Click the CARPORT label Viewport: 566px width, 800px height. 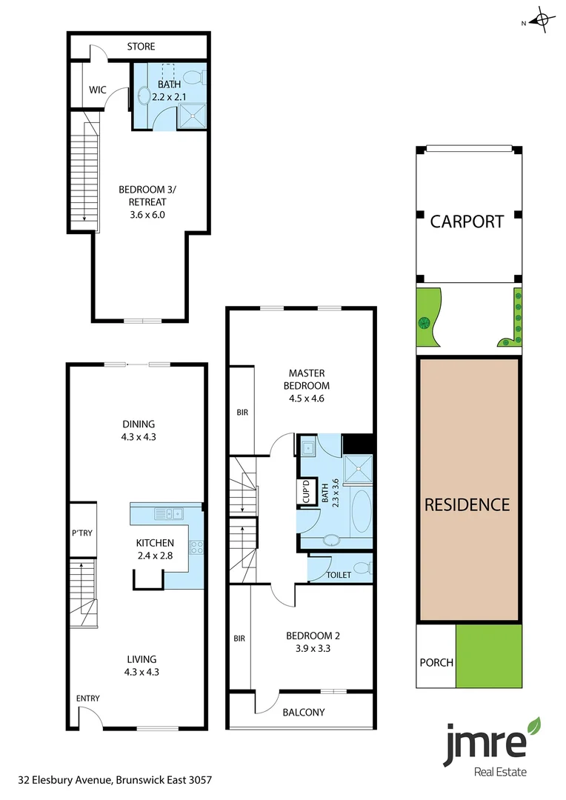[x=467, y=221]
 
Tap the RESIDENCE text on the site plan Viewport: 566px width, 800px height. [x=467, y=504]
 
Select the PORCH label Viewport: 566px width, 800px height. [x=436, y=662]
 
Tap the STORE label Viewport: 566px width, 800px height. [x=141, y=47]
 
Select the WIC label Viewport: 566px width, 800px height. [x=98, y=90]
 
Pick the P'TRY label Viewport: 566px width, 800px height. [x=81, y=532]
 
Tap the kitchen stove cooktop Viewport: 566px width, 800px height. [x=197, y=547]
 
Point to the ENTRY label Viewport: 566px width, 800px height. [x=87, y=698]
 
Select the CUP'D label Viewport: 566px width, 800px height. [x=305, y=493]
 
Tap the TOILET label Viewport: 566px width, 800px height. [x=339, y=575]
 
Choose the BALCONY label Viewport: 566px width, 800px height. [x=304, y=713]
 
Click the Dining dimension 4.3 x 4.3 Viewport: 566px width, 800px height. [x=139, y=437]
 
